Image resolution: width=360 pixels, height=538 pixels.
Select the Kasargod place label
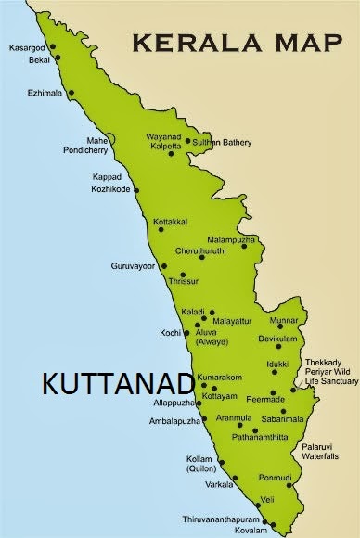pos(28,45)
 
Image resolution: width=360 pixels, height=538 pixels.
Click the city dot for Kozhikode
pos(136,190)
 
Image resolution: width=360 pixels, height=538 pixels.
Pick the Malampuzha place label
pos(230,239)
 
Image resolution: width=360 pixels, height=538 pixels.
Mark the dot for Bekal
pos(58,57)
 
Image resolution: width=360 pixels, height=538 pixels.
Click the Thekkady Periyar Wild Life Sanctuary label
pos(327,371)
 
